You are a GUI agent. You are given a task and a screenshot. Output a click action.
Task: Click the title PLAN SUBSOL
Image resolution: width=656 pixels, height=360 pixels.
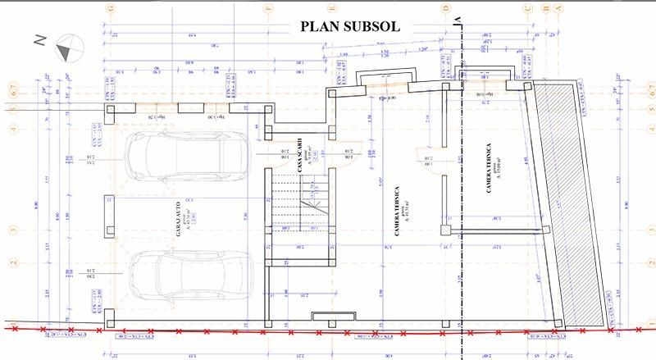(349, 25)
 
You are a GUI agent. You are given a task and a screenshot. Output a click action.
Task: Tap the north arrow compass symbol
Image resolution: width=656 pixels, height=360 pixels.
(65, 47)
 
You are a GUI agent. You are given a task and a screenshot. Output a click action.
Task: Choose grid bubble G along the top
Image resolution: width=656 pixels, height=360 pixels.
(98, 8)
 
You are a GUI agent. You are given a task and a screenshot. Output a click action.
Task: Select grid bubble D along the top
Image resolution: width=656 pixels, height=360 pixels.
(447, 8)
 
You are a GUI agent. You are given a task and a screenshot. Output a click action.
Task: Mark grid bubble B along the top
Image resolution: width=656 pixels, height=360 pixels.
(545, 8)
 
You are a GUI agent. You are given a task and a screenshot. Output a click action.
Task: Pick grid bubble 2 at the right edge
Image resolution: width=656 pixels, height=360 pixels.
(643, 262)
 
